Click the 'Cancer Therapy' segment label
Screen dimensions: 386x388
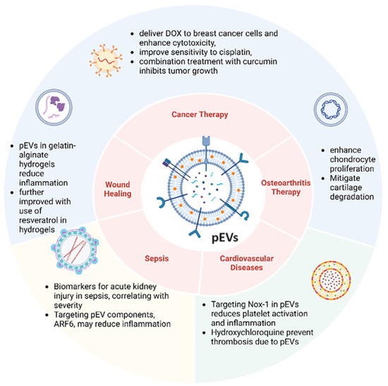[x=194, y=113]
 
